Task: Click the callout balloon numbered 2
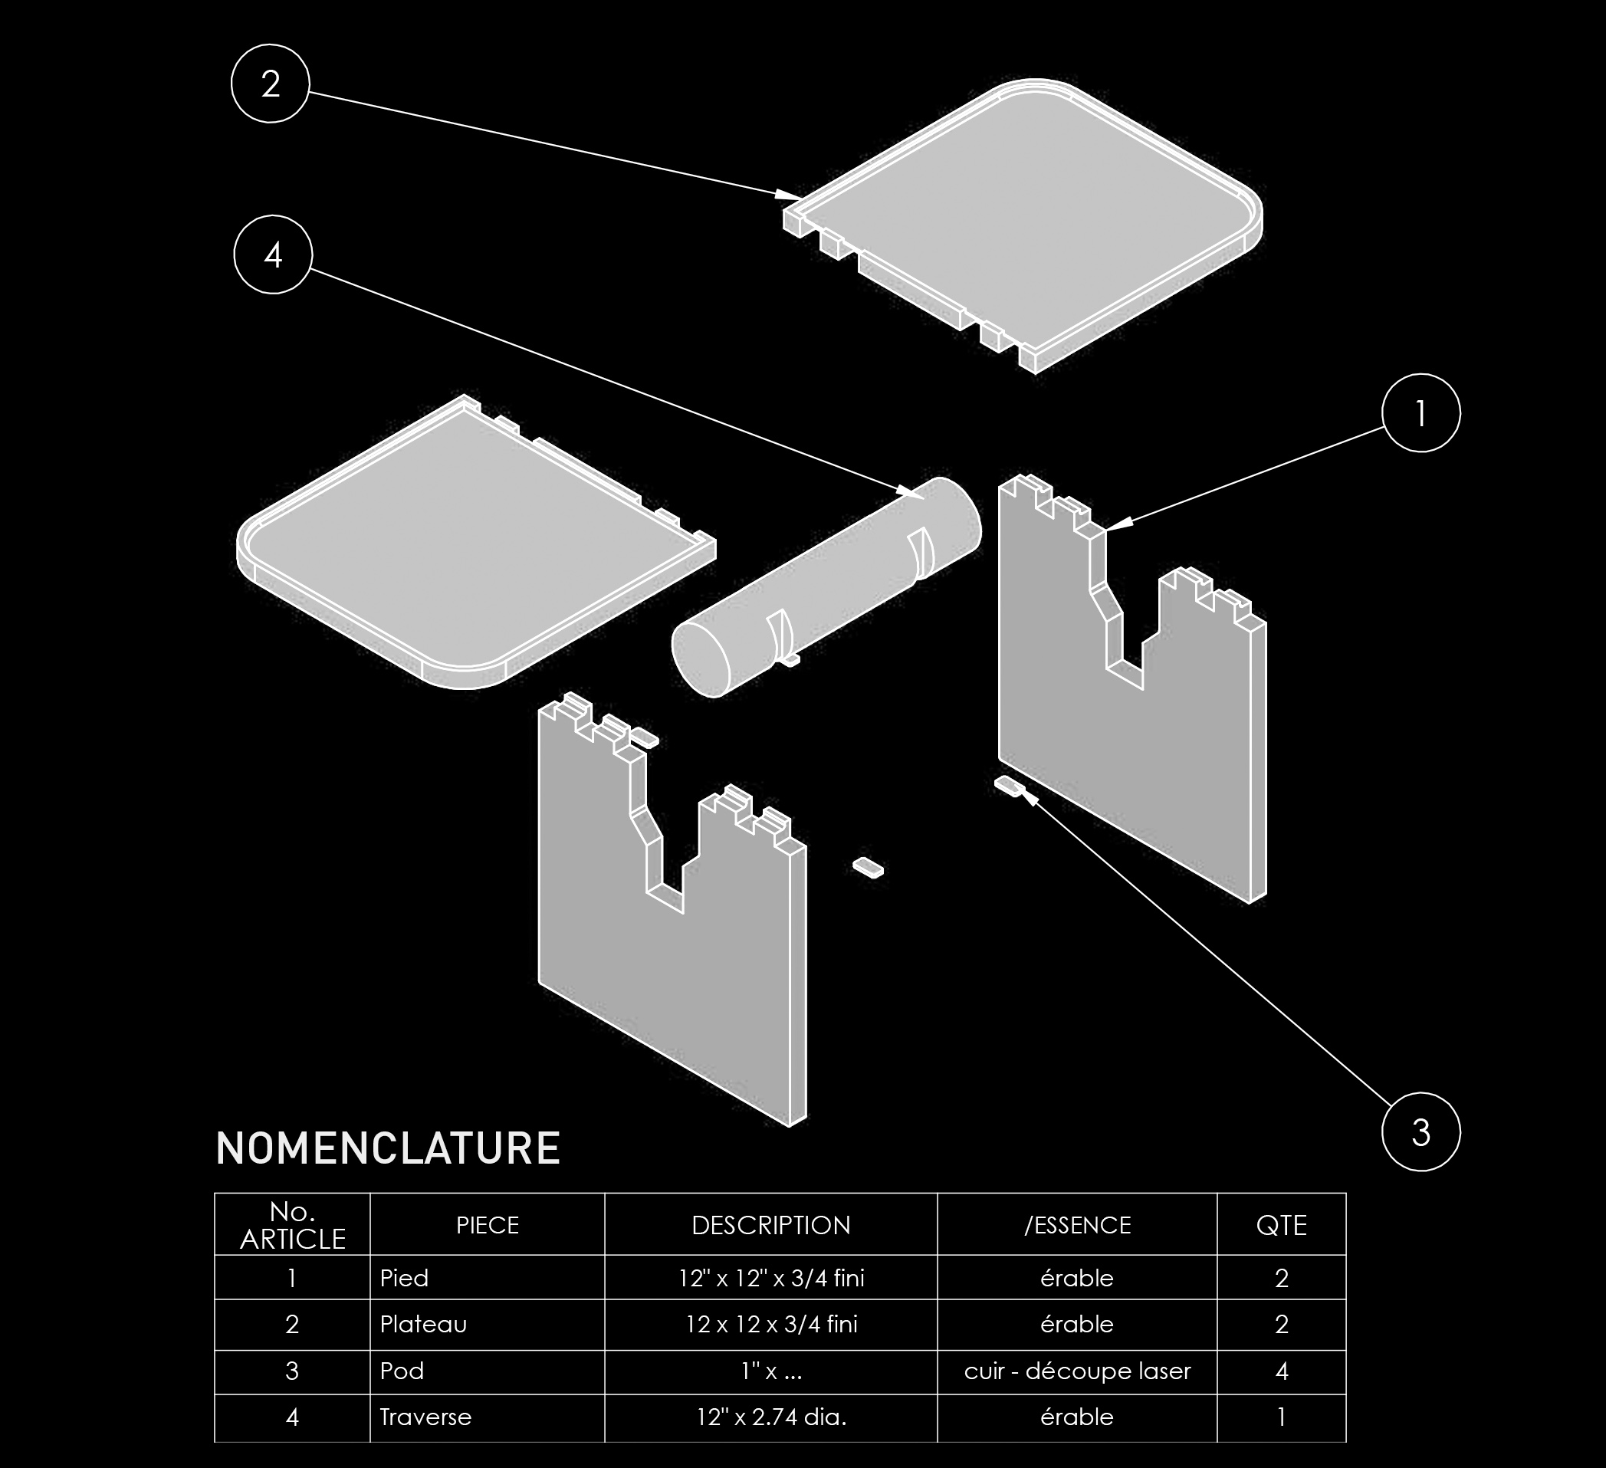pos(270,84)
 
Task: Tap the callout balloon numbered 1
pos(1420,413)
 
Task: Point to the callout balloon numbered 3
pos(1420,1132)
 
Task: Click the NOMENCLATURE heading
pos(388,1148)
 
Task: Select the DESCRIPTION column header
pos(771,1225)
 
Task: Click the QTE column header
pos(1282,1225)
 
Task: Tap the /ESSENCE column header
pos(1077,1225)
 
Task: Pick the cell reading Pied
pos(404,1279)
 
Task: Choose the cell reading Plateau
pos(423,1325)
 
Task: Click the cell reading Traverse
pos(425,1417)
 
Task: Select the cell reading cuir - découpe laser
pos(1077,1371)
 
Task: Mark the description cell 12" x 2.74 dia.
pos(771,1417)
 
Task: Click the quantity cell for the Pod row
pos(1282,1371)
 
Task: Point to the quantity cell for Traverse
pos(1282,1417)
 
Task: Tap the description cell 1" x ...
pos(771,1371)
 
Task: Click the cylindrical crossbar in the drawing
pos(826,587)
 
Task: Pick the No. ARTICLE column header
pos(292,1225)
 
